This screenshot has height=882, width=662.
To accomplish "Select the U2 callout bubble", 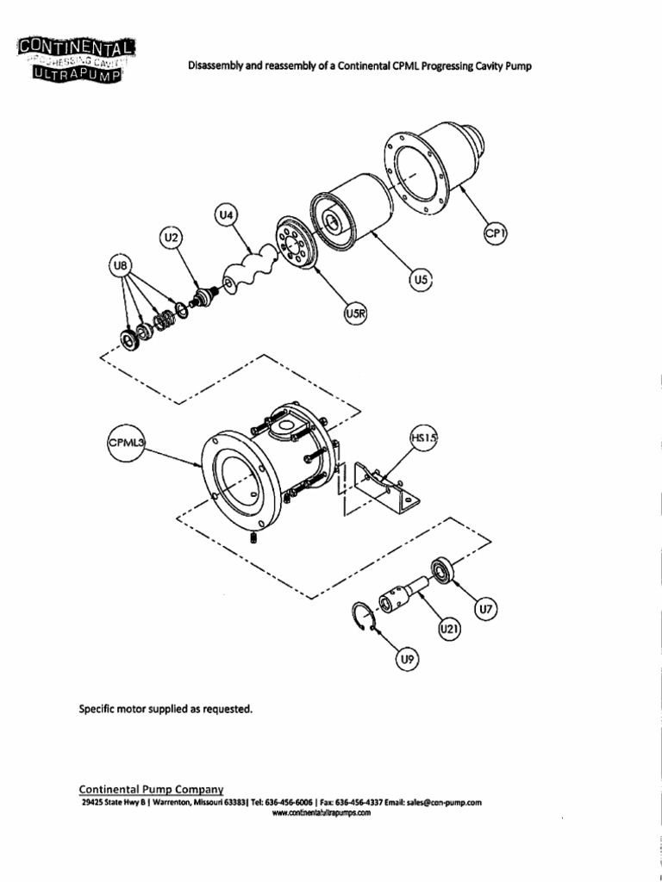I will (x=172, y=237).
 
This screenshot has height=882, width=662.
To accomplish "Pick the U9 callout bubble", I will (x=407, y=661).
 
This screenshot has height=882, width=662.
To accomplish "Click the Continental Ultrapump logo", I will (x=72, y=60).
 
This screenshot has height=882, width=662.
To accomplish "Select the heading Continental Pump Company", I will (x=152, y=788).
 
